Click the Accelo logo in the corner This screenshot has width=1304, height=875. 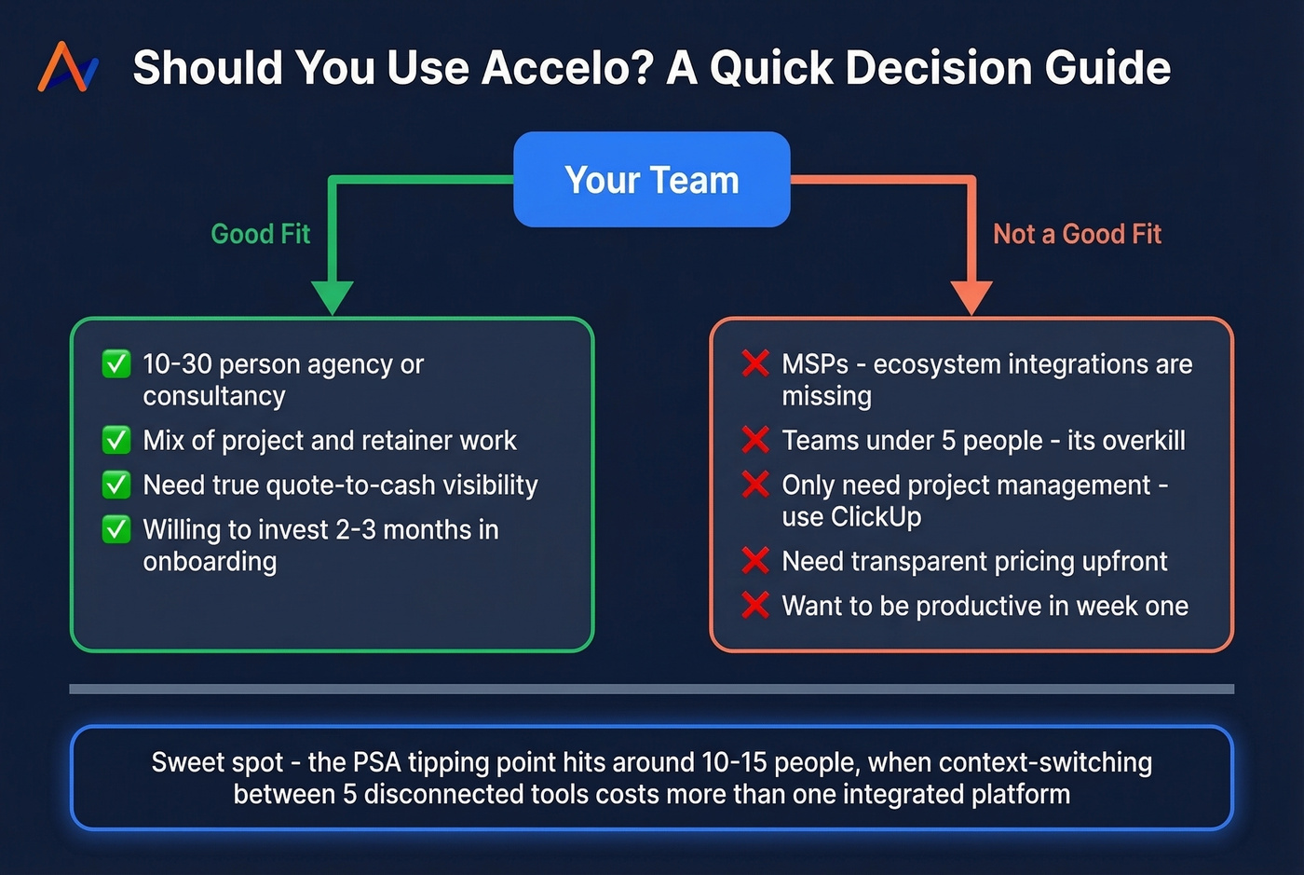click(68, 67)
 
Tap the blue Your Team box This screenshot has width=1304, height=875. click(652, 180)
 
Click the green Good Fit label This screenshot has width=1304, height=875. click(261, 234)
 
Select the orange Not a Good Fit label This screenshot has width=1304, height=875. click(1077, 234)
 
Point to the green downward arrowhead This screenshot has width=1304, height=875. click(332, 297)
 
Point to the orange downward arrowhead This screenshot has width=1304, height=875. click(971, 297)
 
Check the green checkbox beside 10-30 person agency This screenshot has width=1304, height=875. click(116, 363)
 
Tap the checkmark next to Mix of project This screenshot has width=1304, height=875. click(116, 440)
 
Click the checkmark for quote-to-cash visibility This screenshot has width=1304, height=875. click(116, 485)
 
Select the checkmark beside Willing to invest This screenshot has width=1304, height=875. click(116, 529)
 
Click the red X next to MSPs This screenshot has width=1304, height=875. click(755, 363)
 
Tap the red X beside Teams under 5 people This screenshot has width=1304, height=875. click(755, 440)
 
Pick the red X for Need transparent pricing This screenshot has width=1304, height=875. click(755, 561)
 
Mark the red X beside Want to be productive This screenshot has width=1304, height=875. click(755, 606)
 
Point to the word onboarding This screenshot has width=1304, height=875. click(210, 562)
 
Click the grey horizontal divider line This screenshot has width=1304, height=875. click(652, 690)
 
